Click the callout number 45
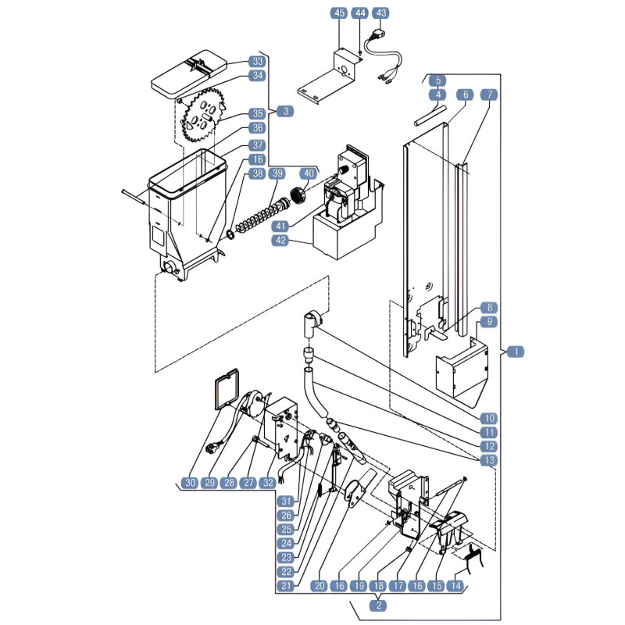pyautogui.click(x=339, y=13)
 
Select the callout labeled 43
pyautogui.click(x=380, y=13)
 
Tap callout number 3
pyautogui.click(x=285, y=111)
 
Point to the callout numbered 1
pyautogui.click(x=516, y=352)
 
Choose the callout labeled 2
pyautogui.click(x=378, y=605)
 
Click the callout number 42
pyautogui.click(x=280, y=241)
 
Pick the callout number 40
pyautogui.click(x=309, y=173)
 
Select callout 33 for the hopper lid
pyautogui.click(x=258, y=62)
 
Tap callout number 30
pyautogui.click(x=190, y=483)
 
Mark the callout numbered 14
pyautogui.click(x=455, y=586)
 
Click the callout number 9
pyautogui.click(x=489, y=322)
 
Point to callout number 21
pyautogui.click(x=287, y=586)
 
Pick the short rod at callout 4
pyautogui.click(x=430, y=115)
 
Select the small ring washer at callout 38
pyautogui.click(x=230, y=234)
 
